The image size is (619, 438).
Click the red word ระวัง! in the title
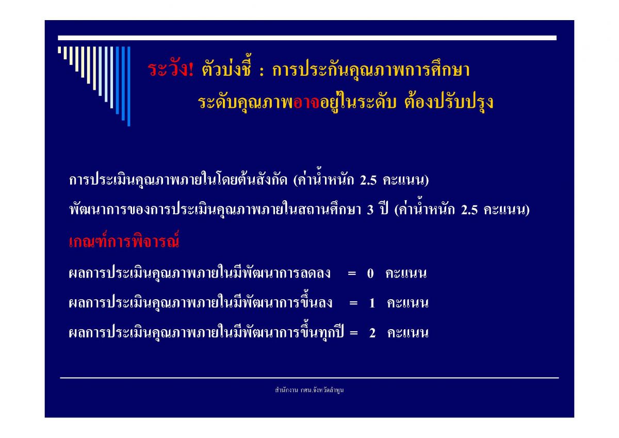pyautogui.click(x=171, y=69)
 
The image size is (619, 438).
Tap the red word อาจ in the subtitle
pyautogui.click(x=306, y=103)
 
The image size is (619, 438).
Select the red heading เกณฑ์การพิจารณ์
pyautogui.click(x=124, y=240)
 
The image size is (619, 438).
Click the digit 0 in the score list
pyautogui.click(x=370, y=273)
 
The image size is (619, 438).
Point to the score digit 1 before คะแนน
pyautogui.click(x=372, y=303)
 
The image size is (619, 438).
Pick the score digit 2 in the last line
pyautogui.click(x=372, y=333)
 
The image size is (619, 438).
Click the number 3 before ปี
pyautogui.click(x=370, y=210)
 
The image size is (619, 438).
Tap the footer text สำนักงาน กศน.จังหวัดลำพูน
pyautogui.click(x=309, y=390)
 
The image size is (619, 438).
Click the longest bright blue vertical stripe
pyautogui.click(x=129, y=86)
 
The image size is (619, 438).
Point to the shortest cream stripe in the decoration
pyautogui.click(x=59, y=50)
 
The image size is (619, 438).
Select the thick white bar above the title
pyautogui.click(x=307, y=38)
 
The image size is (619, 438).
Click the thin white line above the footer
pyautogui.click(x=309, y=378)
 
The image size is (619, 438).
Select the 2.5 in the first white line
pyautogui.click(x=368, y=181)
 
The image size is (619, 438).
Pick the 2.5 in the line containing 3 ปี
pyautogui.click(x=469, y=210)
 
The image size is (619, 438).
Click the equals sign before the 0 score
pyautogui.click(x=352, y=273)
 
